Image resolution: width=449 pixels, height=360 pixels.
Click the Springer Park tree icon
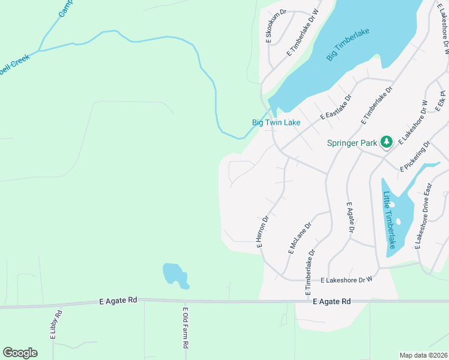click(387, 142)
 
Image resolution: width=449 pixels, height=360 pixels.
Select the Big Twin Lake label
click(276, 122)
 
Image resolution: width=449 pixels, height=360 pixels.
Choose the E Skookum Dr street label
click(268, 26)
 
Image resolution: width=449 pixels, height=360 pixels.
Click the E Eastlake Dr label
click(336, 107)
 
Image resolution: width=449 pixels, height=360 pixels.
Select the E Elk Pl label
click(442, 100)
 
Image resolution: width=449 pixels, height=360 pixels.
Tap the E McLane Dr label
click(299, 239)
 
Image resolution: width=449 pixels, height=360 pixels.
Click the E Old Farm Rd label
click(185, 328)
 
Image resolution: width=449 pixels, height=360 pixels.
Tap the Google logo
click(20, 353)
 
